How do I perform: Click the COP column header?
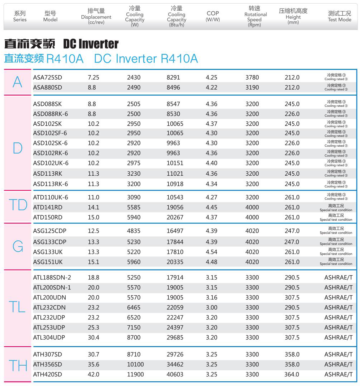(213, 16)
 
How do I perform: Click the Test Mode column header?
(339, 16)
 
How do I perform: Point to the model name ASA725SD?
(47, 77)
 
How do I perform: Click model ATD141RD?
(47, 207)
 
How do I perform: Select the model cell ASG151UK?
(48, 262)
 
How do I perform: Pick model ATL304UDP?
(49, 337)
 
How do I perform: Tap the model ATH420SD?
(47, 375)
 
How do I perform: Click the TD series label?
(18, 205)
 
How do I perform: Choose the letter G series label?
(18, 246)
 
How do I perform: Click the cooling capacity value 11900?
(135, 375)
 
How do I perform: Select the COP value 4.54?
(211, 252)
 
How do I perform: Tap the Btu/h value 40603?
(175, 375)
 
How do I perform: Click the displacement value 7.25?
(93, 77)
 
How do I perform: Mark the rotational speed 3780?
(252, 77)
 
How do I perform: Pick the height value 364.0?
(292, 375)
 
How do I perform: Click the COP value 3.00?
(211, 307)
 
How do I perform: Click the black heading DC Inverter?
(91, 44)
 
